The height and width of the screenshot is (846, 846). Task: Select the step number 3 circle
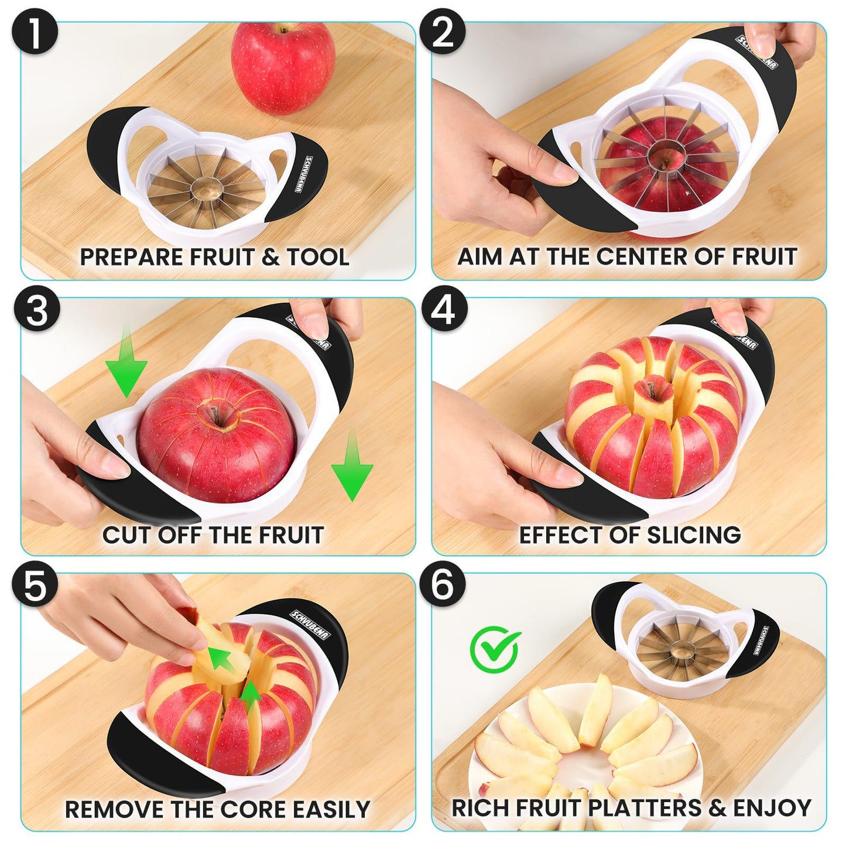pyautogui.click(x=36, y=309)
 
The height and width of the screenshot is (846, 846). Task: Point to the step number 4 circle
pyautogui.click(x=444, y=309)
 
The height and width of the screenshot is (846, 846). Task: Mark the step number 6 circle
pyautogui.click(x=443, y=585)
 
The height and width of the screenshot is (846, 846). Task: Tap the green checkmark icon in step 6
pyautogui.click(x=495, y=649)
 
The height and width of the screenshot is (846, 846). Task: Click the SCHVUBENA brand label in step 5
pyautogui.click(x=311, y=624)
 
